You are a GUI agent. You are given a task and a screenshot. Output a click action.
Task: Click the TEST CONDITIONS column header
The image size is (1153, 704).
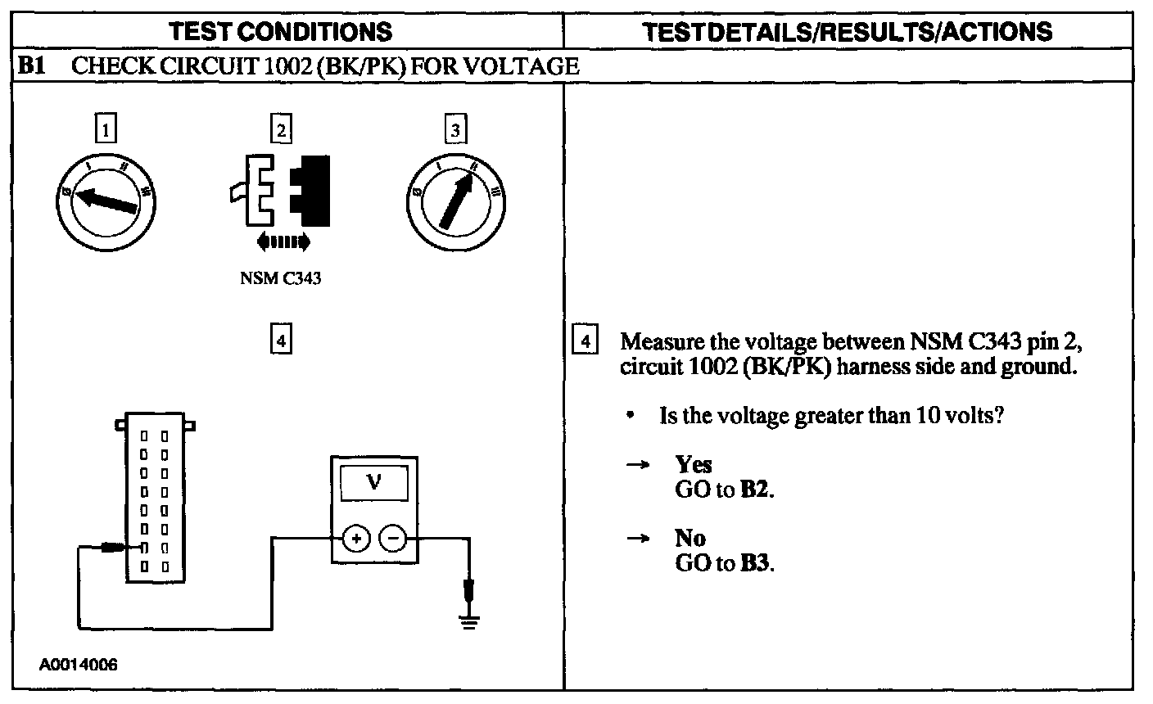[x=280, y=31]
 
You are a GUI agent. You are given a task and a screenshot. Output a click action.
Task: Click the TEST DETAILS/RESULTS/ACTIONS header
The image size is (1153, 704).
[x=848, y=31]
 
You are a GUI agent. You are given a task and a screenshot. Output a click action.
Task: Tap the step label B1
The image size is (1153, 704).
[x=32, y=66]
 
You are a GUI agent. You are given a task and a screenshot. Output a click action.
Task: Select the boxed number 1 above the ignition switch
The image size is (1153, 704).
[x=106, y=129]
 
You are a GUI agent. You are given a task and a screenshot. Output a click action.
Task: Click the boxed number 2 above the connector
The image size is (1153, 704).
[x=281, y=129]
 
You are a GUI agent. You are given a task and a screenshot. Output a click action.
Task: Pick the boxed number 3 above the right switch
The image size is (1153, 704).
[x=455, y=129]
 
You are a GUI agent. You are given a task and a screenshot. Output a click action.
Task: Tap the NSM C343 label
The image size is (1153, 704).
[x=281, y=278]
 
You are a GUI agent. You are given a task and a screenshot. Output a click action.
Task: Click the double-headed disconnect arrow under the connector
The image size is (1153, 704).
[x=283, y=241]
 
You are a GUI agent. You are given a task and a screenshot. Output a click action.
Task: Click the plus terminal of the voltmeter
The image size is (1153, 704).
[x=356, y=538]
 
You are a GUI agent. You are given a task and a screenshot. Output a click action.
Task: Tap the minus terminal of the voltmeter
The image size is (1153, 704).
[x=393, y=538]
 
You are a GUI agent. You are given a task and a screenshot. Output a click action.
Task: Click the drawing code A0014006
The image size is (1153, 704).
[x=79, y=665]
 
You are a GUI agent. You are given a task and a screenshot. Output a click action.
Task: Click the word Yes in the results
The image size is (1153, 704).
[x=694, y=464]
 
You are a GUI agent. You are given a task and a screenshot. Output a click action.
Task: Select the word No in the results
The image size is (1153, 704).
[x=690, y=538]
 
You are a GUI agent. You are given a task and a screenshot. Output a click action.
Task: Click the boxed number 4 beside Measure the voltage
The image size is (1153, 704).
[x=584, y=340]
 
